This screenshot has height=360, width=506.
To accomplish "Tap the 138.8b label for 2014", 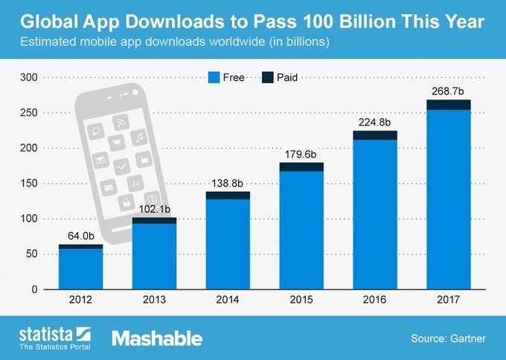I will [x=228, y=184].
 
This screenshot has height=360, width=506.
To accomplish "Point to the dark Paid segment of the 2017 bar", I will [x=448, y=105].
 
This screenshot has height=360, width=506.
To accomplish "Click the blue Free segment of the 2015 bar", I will [x=301, y=230].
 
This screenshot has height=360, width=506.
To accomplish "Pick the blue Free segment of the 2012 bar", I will [x=80, y=269].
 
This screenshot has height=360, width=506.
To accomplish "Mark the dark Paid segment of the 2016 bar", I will [x=375, y=135].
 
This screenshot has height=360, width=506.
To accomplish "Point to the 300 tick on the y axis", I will [x=28, y=77].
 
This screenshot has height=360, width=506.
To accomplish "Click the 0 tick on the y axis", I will [x=34, y=289].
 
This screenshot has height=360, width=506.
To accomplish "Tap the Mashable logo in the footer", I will [x=157, y=338].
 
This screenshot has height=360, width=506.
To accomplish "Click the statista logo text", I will [x=43, y=333].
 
